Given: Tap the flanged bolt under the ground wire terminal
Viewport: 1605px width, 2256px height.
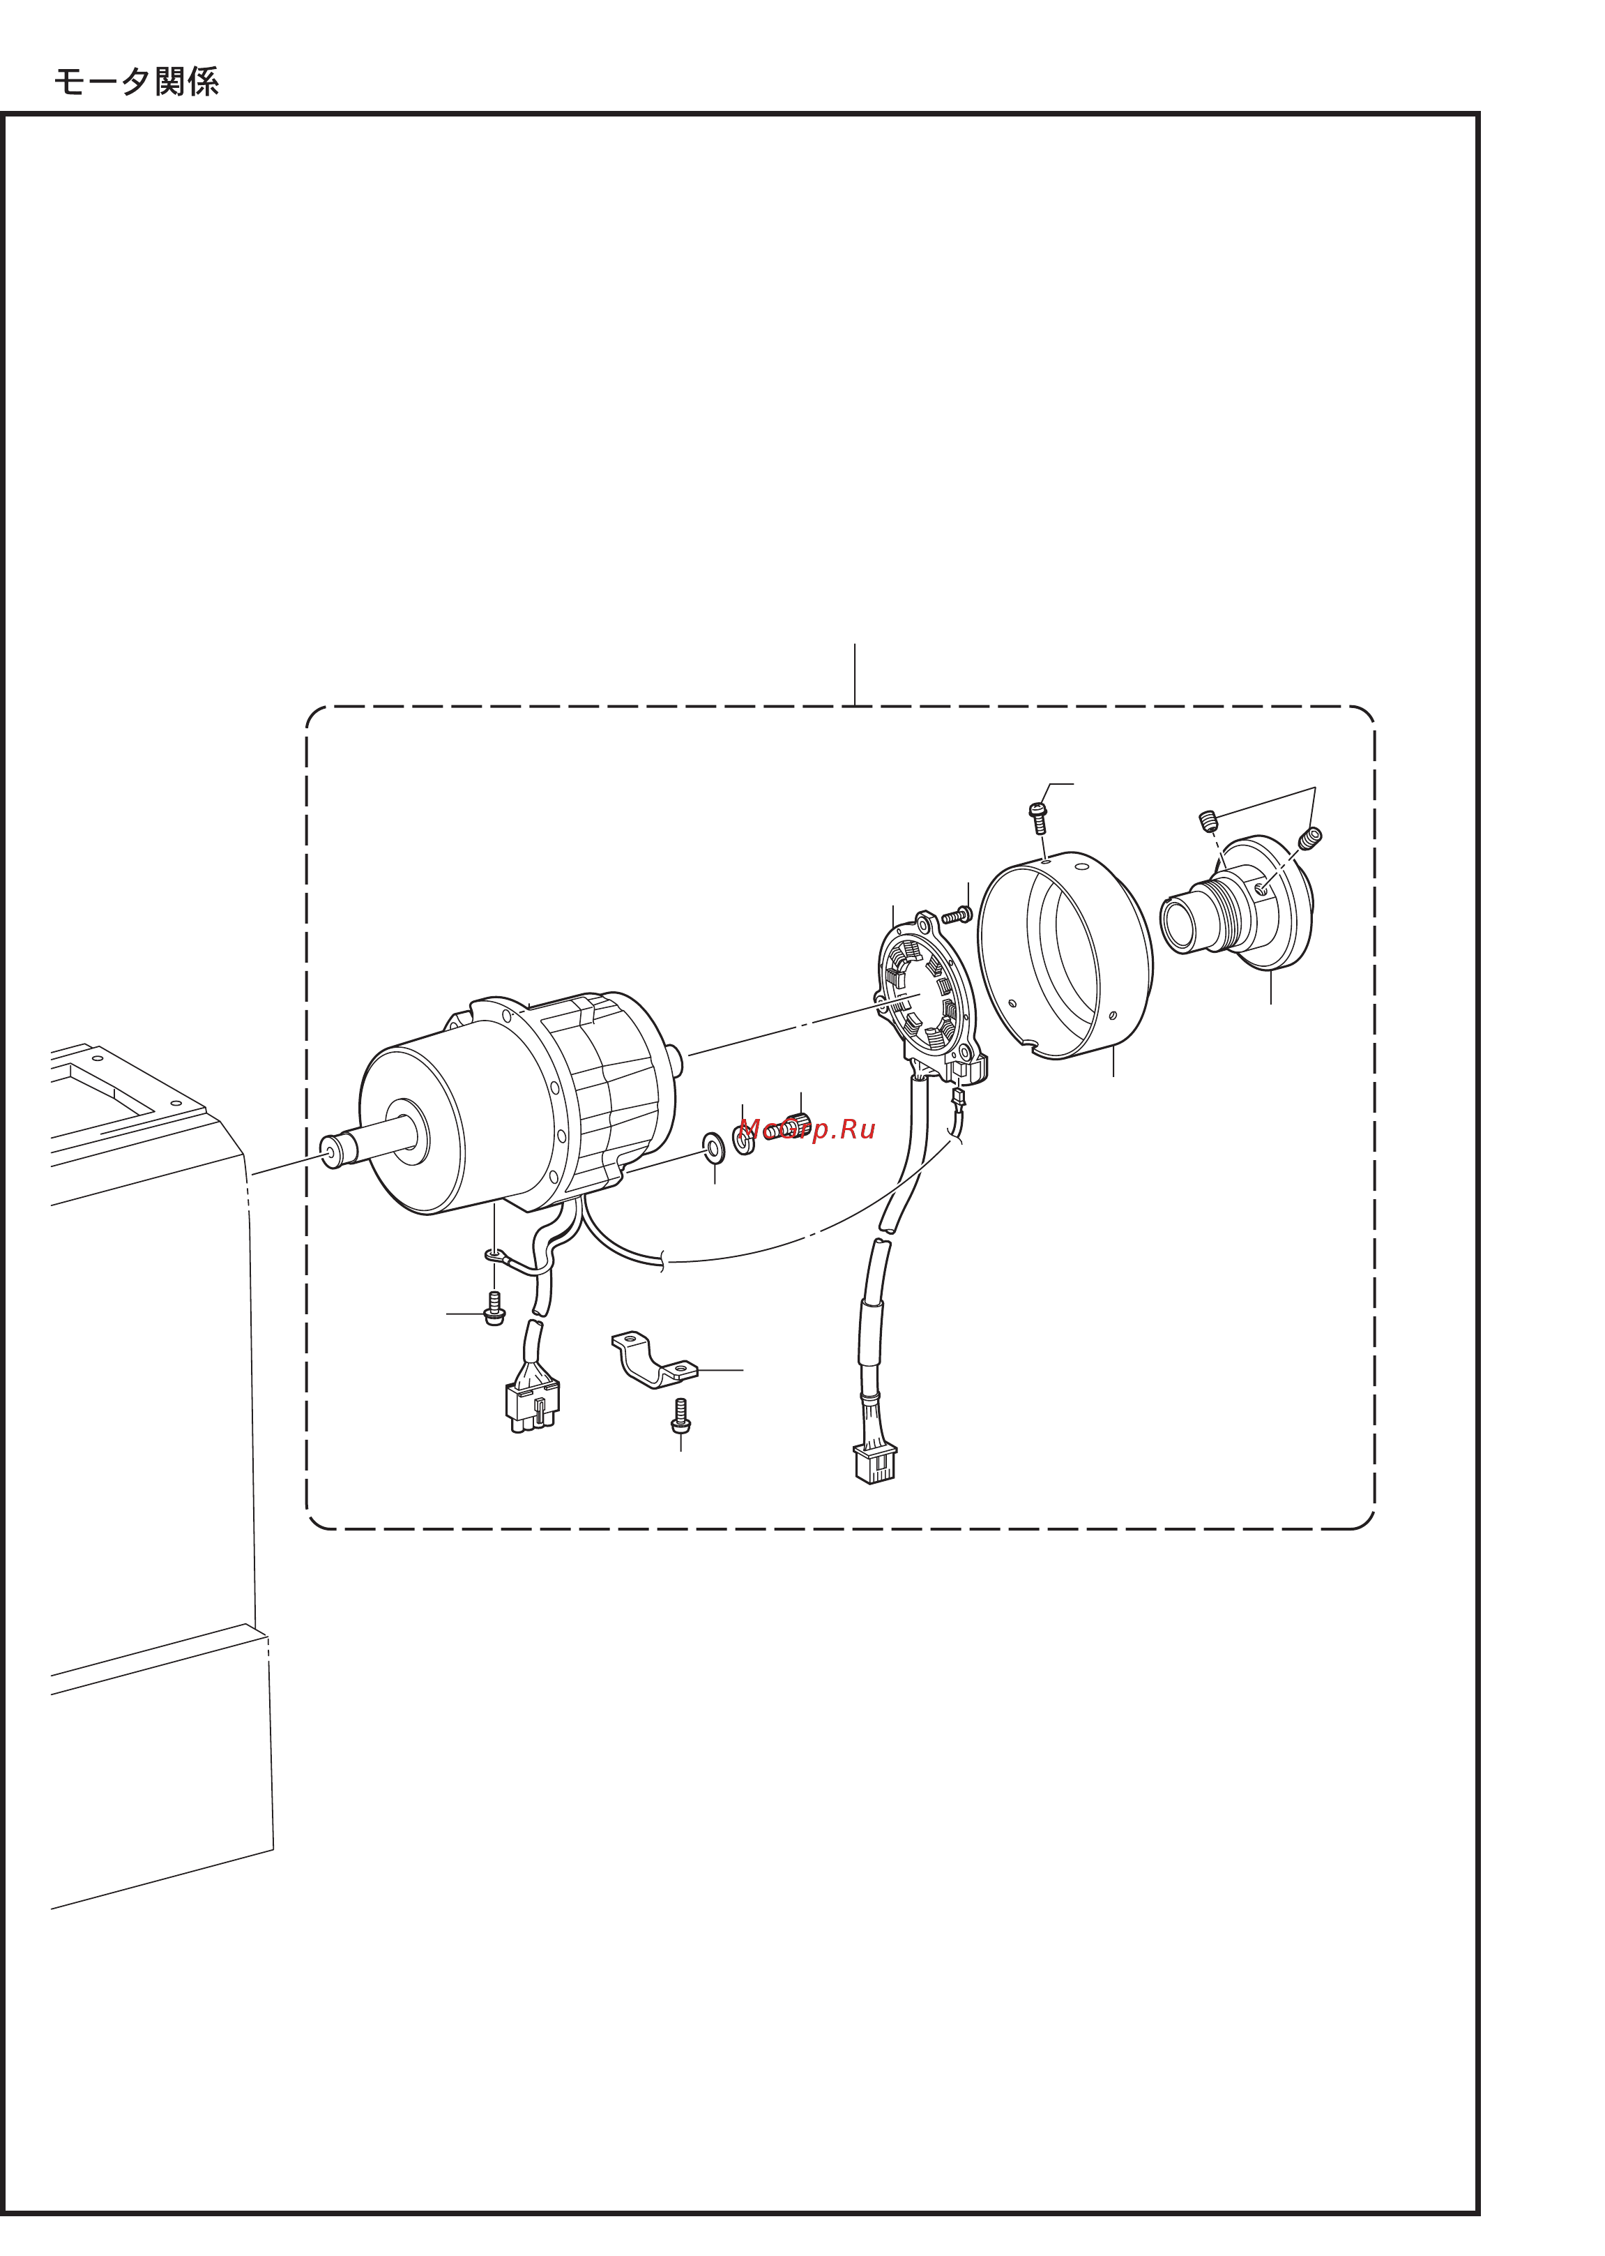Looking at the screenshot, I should (x=494, y=1308).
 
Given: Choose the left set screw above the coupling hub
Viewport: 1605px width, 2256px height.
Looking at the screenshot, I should (x=1208, y=820).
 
